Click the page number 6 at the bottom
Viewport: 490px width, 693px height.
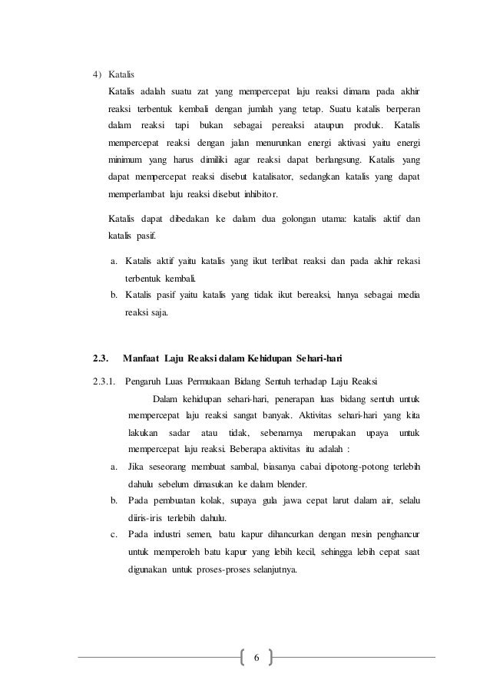257,658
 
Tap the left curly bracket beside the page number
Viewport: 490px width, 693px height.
243,658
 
